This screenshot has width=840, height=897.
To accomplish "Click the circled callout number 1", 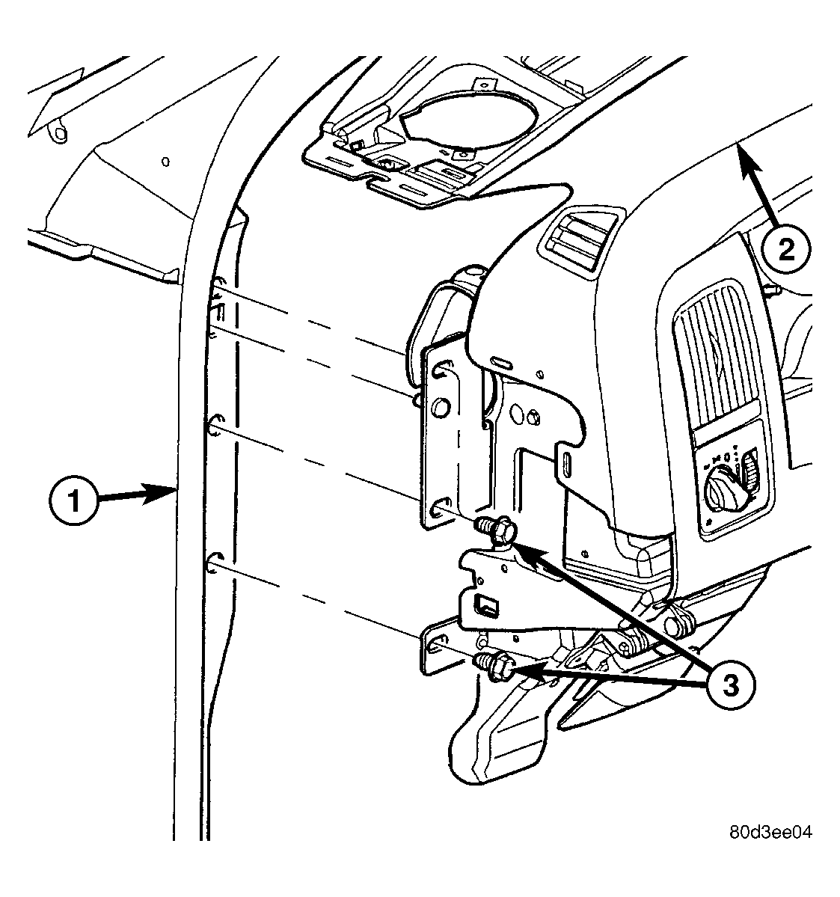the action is click(73, 502).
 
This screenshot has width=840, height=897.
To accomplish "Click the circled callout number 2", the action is click(786, 249).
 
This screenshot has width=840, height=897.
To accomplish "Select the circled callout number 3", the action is click(729, 685).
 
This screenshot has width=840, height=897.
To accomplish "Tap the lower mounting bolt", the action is click(494, 665).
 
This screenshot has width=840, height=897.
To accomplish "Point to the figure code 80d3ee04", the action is click(770, 832).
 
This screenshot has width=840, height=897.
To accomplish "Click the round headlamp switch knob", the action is click(723, 490).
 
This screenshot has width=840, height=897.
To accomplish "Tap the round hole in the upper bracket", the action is click(441, 408).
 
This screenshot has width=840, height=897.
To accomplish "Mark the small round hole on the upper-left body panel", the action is click(165, 162).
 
